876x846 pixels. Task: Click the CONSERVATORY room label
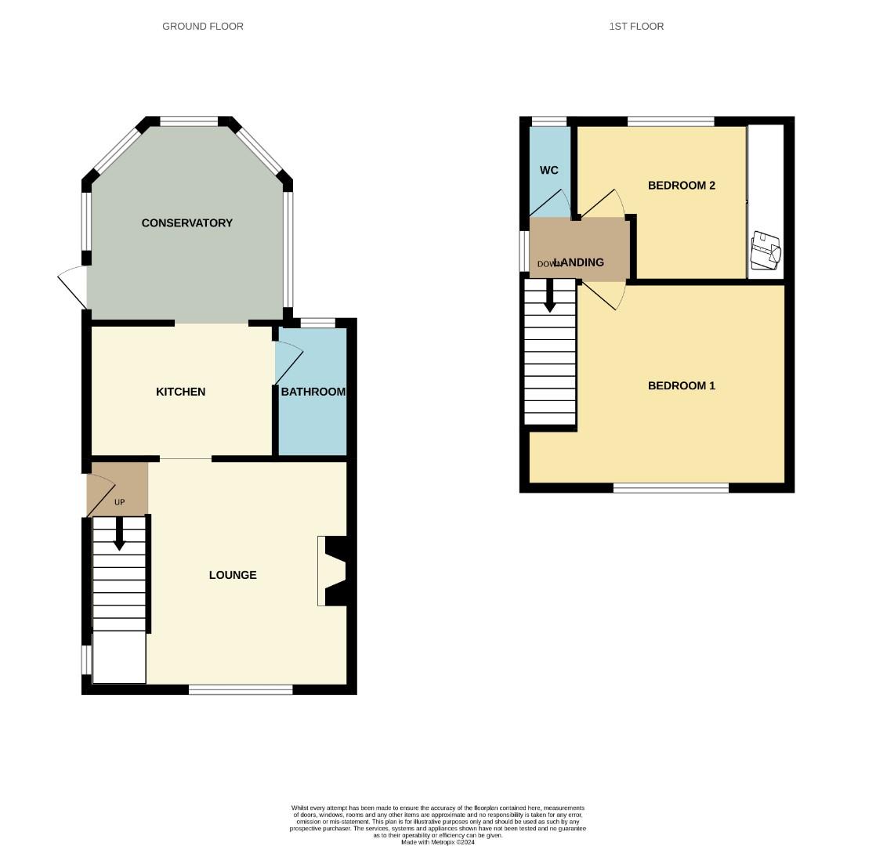(x=186, y=223)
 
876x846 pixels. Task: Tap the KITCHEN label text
(x=180, y=392)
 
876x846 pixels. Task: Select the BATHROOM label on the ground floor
(x=313, y=392)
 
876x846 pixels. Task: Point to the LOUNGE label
(x=233, y=575)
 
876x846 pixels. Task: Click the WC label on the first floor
(x=549, y=170)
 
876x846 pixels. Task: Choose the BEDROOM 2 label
(x=681, y=186)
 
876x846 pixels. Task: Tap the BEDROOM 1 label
(x=681, y=385)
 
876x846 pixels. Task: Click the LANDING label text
(x=580, y=262)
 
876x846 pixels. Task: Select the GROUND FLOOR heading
(x=203, y=27)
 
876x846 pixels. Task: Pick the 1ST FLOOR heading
(x=636, y=27)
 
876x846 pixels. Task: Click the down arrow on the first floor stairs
(x=550, y=298)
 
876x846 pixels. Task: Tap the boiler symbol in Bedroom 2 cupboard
(x=766, y=249)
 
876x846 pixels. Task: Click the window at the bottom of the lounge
(x=241, y=689)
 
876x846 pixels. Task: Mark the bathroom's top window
(x=317, y=323)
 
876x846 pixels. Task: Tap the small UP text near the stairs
(x=119, y=502)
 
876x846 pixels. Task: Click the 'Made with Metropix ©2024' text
(x=437, y=842)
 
